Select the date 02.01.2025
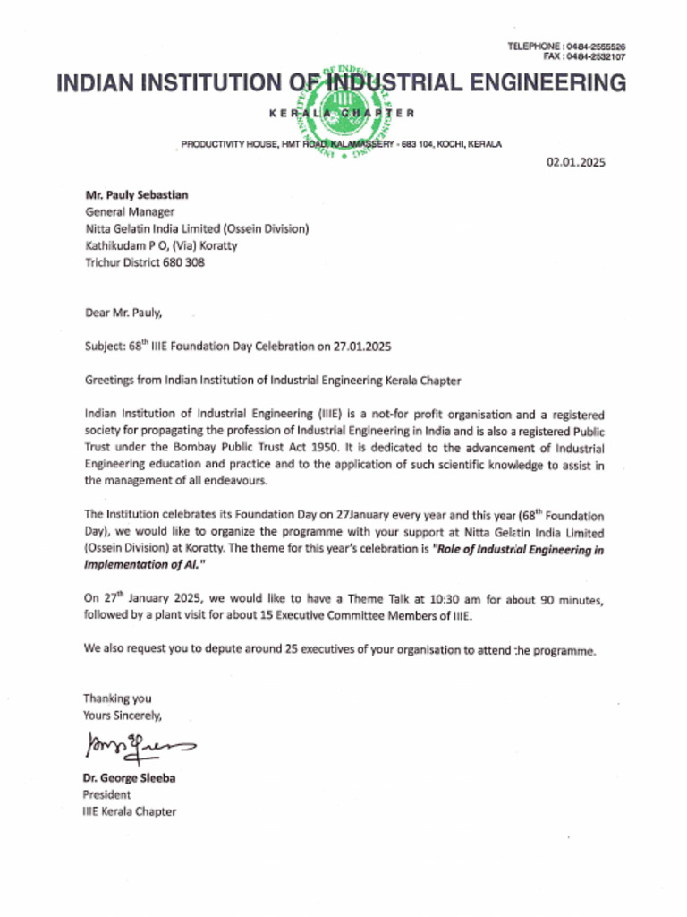[x=576, y=162]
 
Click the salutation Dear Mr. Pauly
[x=124, y=313]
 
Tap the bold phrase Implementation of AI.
[x=144, y=566]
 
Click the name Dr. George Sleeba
[x=130, y=778]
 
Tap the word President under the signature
[x=107, y=794]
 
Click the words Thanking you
[x=117, y=698]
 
